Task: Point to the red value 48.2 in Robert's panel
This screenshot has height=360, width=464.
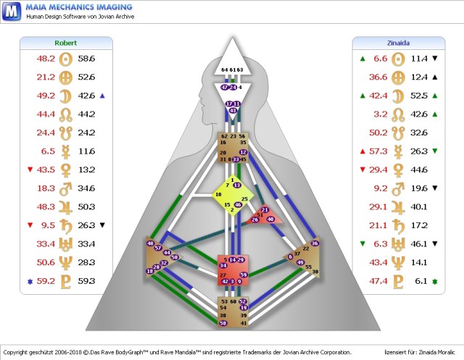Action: point(46,57)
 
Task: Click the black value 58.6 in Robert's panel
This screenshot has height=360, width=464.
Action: point(86,57)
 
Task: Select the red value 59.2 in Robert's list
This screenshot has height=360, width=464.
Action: point(46,280)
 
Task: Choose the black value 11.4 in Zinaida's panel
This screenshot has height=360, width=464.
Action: point(419,57)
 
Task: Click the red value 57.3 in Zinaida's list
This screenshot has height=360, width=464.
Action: point(378,151)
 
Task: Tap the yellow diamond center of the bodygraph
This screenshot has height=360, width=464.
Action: point(231,195)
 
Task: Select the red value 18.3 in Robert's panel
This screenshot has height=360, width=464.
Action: point(46,188)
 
